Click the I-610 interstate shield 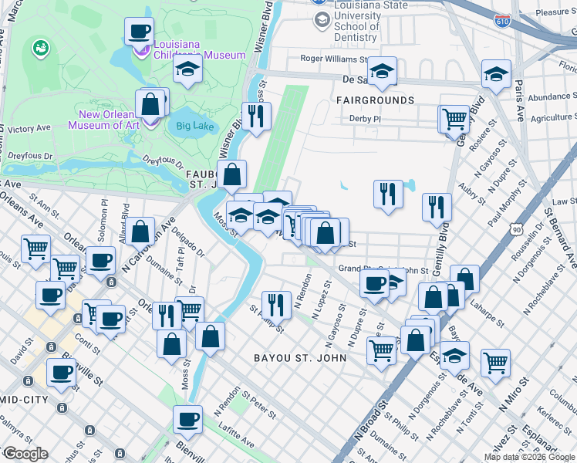[503, 19]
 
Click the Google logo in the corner [25, 454]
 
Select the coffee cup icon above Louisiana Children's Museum [139, 32]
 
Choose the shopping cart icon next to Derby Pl [454, 119]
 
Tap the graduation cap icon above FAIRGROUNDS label [381, 72]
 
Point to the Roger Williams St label [334, 59]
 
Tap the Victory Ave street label [29, 128]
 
